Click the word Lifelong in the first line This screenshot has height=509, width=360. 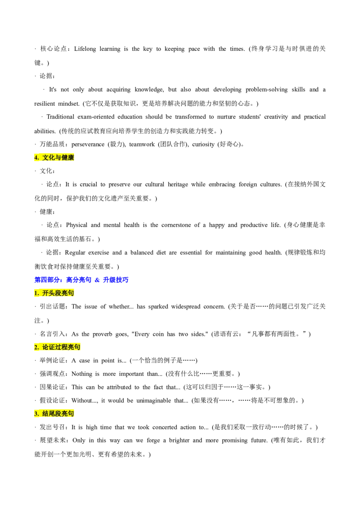85,49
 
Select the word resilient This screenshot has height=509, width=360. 45,103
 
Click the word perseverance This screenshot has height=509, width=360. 88,144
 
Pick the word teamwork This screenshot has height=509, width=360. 142,144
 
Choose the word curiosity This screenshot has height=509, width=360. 203,144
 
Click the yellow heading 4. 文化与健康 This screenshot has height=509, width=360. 54,158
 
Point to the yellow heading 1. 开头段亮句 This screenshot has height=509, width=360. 54,293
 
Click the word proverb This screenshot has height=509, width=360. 102,334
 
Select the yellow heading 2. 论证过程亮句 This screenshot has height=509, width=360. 57,347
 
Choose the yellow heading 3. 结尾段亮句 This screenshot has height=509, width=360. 54,414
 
